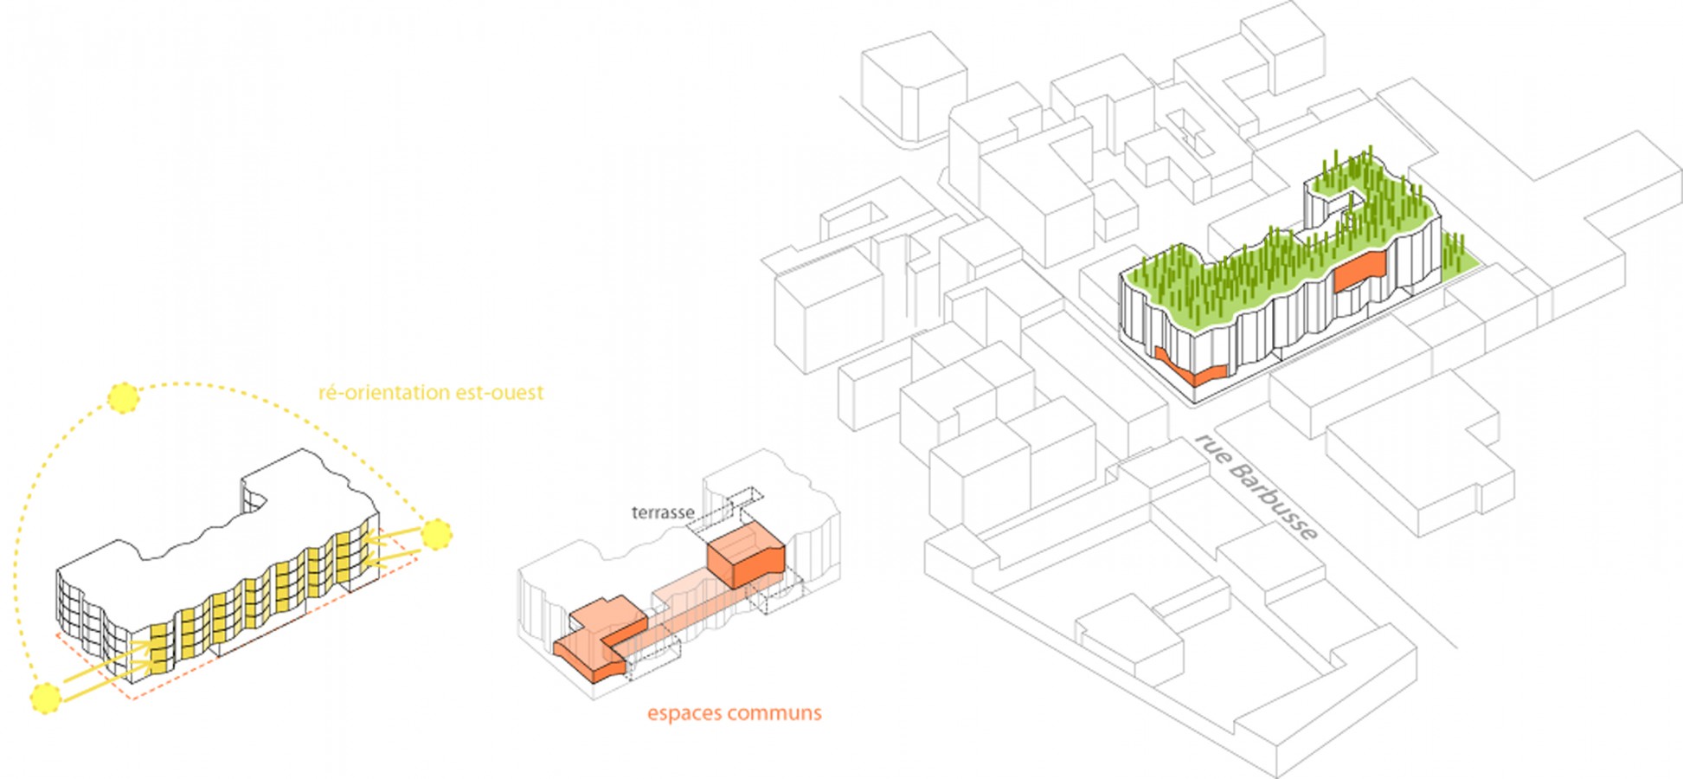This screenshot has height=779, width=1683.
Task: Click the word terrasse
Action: pos(663,512)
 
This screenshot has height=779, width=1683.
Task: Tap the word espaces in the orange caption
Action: pos(685,713)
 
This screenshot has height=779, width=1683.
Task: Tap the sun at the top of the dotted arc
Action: pos(123,397)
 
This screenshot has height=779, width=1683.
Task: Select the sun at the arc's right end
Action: pos(436,534)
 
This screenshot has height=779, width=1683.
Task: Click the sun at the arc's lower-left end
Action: pos(45,697)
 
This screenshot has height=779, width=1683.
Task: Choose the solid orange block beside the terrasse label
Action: pos(746,559)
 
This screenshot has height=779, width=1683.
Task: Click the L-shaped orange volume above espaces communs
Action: pos(597,645)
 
